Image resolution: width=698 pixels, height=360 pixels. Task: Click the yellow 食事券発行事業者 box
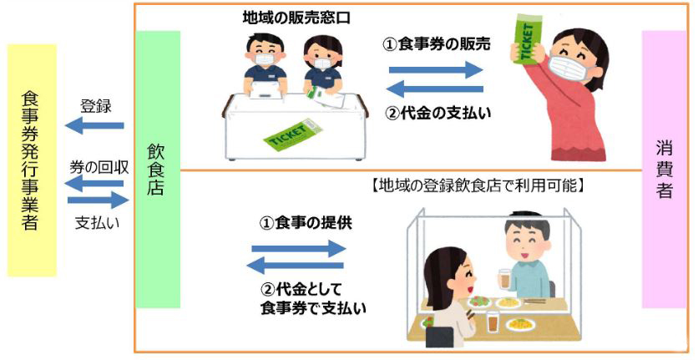32,160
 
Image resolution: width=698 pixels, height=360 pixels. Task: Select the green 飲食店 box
158,170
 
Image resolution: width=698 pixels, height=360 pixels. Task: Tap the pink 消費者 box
664,170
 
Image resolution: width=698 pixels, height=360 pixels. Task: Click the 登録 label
95,106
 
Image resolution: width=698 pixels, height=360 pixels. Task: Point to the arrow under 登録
94,125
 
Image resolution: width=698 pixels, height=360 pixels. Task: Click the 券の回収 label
99,167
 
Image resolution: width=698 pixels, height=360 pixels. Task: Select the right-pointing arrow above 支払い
98,200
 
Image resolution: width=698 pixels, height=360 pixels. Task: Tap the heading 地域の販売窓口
296,18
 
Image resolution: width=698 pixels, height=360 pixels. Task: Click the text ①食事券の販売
437,43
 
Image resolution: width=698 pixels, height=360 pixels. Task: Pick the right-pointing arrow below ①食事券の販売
436,69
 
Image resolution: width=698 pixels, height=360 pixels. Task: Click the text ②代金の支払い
438,113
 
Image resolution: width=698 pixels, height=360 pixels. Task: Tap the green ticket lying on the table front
292,134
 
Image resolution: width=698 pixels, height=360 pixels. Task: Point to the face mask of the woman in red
567,66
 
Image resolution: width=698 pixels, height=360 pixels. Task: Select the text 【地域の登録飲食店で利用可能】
476,185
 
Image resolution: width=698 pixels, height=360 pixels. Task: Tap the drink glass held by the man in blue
504,280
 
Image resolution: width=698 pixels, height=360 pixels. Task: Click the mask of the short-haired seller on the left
265,59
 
